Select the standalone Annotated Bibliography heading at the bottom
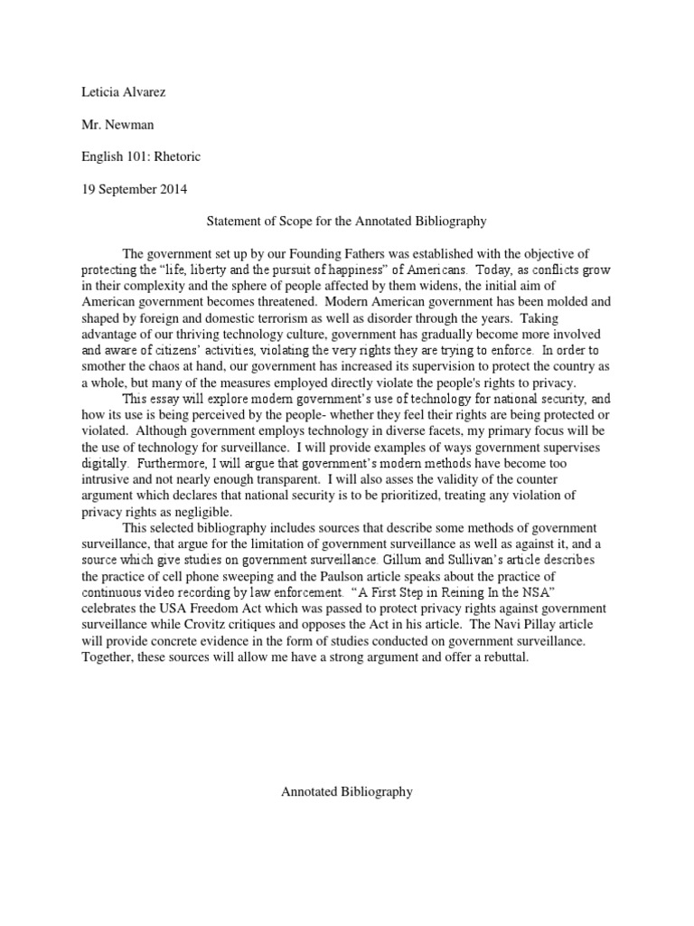tap(347, 791)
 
